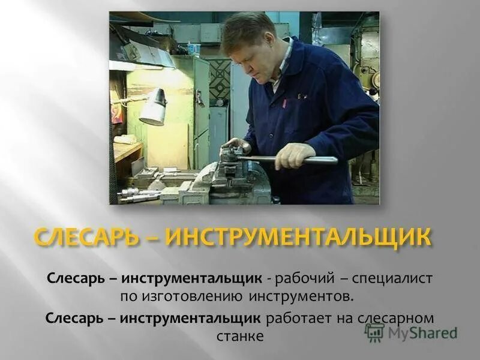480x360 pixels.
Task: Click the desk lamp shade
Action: coord(154,107)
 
